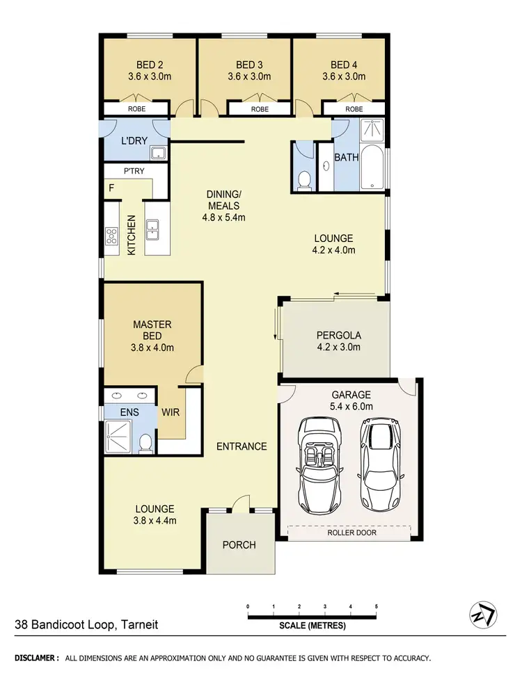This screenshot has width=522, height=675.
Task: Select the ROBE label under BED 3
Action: click(260, 109)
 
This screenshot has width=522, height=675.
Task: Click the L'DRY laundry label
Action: click(132, 141)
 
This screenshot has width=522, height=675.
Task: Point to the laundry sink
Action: click(158, 154)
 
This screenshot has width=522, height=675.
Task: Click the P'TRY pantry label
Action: click(134, 172)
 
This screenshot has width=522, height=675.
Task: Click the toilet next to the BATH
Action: click(303, 180)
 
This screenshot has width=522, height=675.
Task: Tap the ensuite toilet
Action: click(144, 442)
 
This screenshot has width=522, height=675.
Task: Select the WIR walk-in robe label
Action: click(171, 412)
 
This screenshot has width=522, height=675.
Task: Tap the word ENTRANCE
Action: click(241, 446)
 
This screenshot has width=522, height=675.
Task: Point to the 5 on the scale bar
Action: click(376, 606)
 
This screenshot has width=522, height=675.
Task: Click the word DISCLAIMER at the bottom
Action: click(37, 657)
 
